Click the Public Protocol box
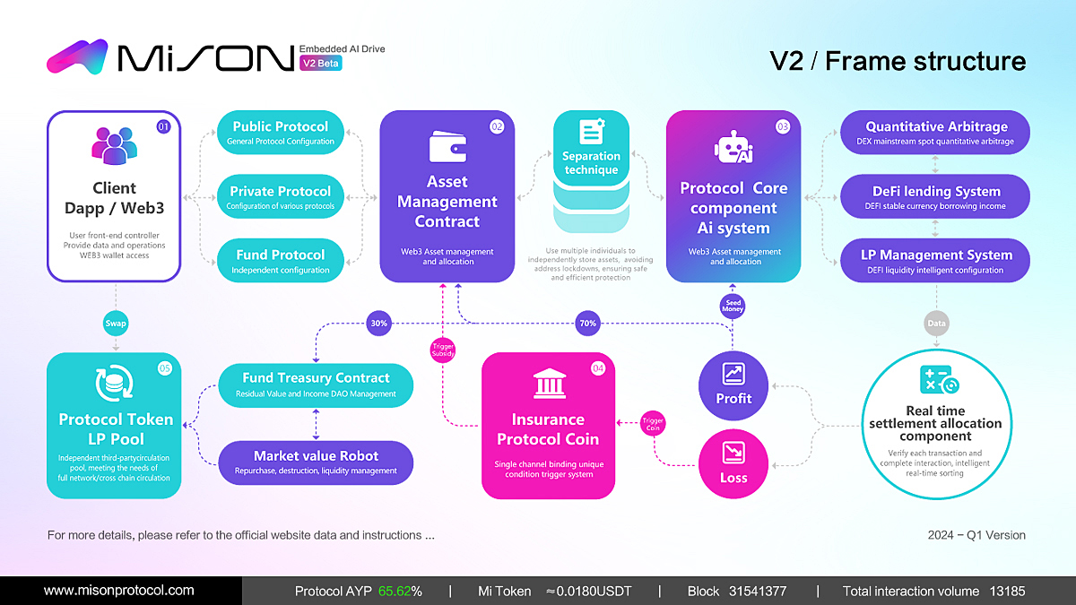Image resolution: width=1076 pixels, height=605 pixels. pos(280,133)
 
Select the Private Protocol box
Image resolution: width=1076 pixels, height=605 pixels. pos(280,197)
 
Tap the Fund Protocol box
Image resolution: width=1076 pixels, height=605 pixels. pos(280,261)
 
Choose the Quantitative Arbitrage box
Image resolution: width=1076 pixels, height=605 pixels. pos(935,133)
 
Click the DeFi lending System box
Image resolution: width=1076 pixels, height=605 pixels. pos(935,197)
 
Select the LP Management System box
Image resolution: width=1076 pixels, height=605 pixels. pos(935,261)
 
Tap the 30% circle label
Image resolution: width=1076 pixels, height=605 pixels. pos(377,323)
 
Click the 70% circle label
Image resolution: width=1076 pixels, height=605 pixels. pos(587,323)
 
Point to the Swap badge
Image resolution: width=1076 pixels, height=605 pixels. pos(116,323)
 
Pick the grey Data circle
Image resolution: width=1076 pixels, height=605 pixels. pos(936,323)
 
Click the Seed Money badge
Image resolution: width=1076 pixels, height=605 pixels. pos(733,307)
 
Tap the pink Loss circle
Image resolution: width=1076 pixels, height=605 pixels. pos(733,462)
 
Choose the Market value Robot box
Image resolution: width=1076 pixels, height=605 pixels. pos(316,462)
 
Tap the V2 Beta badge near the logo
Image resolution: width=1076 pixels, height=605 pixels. pos(322,64)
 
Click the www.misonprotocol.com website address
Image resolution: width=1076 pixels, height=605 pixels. pos(119,591)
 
